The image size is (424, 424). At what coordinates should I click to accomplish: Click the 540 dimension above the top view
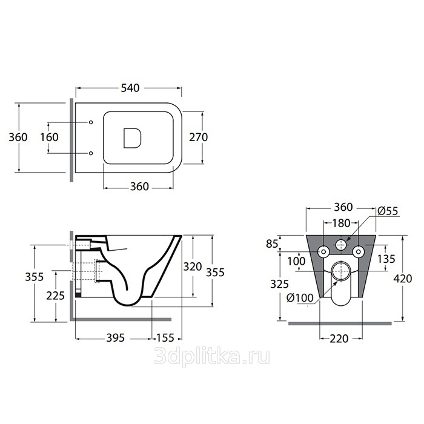click(130, 88)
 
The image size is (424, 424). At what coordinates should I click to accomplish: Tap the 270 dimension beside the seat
click(198, 137)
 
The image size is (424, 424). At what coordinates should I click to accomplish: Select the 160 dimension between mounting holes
click(49, 137)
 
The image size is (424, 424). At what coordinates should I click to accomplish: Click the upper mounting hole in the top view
click(91, 122)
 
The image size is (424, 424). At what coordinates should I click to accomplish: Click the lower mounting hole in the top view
click(91, 153)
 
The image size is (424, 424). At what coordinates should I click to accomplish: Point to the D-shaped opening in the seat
click(133, 138)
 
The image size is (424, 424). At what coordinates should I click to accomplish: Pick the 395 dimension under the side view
click(115, 338)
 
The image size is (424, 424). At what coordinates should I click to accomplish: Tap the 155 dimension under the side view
click(165, 338)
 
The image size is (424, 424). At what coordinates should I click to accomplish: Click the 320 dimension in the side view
click(193, 267)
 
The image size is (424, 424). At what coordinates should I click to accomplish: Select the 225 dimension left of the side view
click(56, 296)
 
